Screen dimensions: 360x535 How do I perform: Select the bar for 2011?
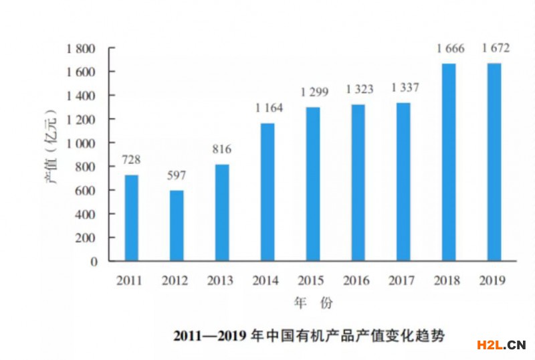131,217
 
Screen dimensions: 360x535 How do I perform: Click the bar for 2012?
177,226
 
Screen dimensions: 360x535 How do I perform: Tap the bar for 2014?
267,191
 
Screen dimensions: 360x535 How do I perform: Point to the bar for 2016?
358,182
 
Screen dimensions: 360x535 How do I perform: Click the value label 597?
177,176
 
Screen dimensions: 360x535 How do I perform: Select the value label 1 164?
268,108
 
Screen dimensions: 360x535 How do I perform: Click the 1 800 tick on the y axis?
82,49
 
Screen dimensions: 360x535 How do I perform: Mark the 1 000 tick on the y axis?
82,143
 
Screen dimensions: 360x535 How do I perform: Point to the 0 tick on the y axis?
94,262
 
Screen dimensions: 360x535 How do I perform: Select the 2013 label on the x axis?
220,280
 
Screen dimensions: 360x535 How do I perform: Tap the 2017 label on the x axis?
402,280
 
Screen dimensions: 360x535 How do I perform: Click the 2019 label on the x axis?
493,280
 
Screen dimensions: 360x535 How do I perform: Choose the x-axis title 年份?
313,303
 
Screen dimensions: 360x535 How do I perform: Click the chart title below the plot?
308,333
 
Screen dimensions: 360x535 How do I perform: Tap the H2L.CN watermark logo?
500,345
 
